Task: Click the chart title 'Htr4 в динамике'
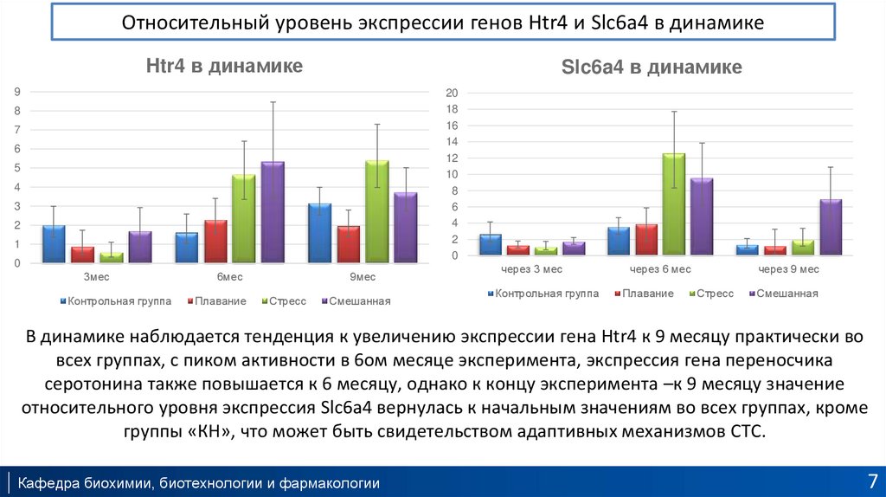pos(222,66)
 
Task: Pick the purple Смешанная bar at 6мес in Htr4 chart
pos(272,212)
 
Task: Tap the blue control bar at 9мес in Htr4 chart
pos(319,233)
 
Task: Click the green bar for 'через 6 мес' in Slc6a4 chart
pos(673,204)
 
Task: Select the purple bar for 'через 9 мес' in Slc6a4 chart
pos(830,227)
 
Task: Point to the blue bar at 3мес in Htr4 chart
pos(54,243)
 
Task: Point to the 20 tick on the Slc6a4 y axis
pos(451,93)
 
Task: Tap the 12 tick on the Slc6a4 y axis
pos(451,158)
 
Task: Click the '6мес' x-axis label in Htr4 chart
pos(229,277)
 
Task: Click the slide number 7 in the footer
pos(871,481)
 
